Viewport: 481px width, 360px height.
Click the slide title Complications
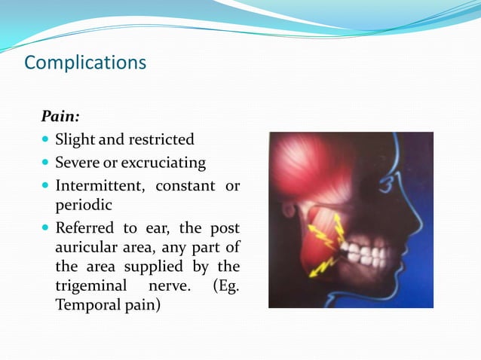85,62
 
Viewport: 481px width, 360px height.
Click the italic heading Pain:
60,117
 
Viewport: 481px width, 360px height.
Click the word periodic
83,205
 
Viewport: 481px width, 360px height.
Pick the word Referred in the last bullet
84,227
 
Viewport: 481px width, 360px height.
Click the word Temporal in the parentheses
84,306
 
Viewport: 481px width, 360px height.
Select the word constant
184,185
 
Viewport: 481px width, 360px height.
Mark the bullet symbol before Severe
46,163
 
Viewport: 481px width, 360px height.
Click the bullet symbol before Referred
46,227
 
